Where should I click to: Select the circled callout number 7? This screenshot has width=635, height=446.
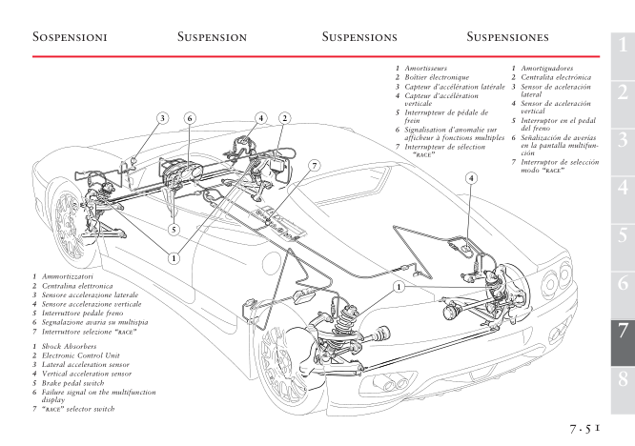314,165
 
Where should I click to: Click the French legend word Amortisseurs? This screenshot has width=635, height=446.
429,71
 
